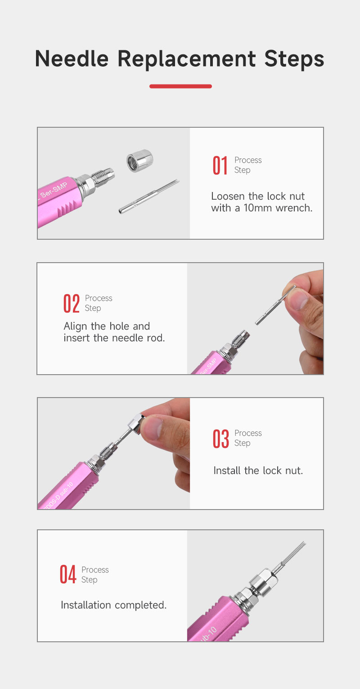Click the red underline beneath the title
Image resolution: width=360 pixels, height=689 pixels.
(x=180, y=86)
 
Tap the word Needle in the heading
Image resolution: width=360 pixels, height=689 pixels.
(x=72, y=58)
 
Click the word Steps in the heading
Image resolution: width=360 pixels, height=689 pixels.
(x=294, y=59)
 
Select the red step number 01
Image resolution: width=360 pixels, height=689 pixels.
(x=220, y=166)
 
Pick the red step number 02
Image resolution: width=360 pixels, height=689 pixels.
(x=72, y=304)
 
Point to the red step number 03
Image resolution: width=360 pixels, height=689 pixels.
(x=220, y=438)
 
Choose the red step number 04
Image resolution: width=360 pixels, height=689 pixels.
(x=68, y=574)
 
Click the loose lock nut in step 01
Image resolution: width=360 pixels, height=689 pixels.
(x=139, y=160)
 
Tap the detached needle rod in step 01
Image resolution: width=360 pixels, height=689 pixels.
(x=149, y=197)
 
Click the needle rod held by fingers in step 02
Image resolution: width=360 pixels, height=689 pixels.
(x=275, y=305)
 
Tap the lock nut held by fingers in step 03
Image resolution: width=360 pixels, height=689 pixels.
(x=136, y=423)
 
